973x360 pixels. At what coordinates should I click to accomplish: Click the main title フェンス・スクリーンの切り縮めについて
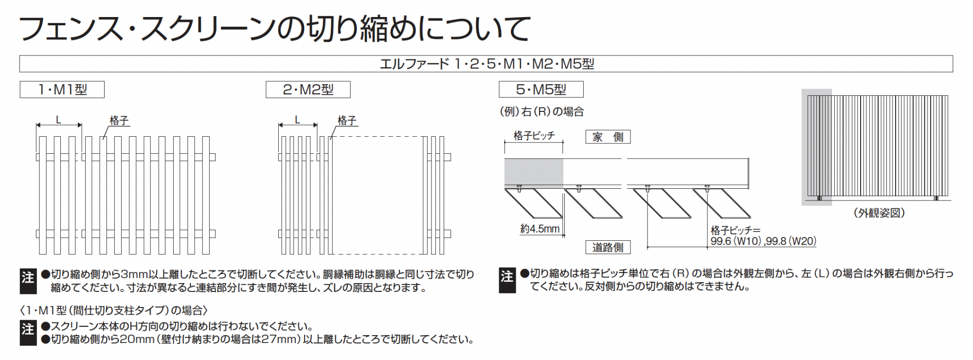[274, 28]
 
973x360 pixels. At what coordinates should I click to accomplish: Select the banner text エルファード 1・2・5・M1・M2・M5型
[486, 64]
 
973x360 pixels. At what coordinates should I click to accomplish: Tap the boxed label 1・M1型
[62, 90]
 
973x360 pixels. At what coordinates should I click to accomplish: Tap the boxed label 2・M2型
[308, 90]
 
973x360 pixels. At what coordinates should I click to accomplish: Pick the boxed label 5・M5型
[541, 90]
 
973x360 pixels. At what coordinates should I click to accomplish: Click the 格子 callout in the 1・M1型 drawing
[119, 120]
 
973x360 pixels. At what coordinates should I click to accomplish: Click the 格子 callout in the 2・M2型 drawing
[347, 120]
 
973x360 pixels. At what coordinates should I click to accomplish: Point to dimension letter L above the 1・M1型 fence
[59, 120]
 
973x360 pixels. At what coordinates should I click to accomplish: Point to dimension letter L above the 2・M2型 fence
[298, 120]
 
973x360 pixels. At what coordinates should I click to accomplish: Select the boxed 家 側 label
[608, 137]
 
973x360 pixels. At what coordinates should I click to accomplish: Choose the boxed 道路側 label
[608, 247]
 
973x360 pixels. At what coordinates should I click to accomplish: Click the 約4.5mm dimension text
[540, 229]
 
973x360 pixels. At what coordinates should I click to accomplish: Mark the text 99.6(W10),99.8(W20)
[763, 241]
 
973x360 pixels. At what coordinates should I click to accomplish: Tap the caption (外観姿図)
[879, 213]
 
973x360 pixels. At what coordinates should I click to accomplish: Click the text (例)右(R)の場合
[541, 111]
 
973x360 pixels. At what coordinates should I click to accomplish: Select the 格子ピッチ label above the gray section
[534, 136]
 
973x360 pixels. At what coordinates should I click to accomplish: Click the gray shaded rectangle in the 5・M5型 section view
[534, 173]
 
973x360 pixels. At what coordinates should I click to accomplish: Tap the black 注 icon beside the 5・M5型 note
[507, 281]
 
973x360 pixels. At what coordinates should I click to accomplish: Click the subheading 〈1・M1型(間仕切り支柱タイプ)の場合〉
[114, 310]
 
